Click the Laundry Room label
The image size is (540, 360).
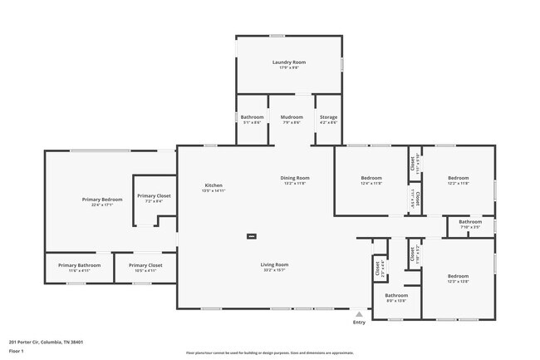289,62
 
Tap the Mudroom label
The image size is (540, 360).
291,117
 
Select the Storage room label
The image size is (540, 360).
328,117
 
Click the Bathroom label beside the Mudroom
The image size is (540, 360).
252,117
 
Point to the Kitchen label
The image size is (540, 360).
214,185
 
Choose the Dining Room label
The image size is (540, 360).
294,178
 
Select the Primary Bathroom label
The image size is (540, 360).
79,265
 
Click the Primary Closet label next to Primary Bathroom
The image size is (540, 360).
145,265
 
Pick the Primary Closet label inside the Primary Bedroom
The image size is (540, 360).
154,195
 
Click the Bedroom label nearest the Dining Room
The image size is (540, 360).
371,178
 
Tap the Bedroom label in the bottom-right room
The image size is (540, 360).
459,276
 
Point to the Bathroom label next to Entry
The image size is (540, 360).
396,295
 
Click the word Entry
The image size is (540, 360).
359,323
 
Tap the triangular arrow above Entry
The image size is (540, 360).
359,314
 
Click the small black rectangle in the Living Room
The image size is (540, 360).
251,236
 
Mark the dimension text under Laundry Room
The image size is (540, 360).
289,68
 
